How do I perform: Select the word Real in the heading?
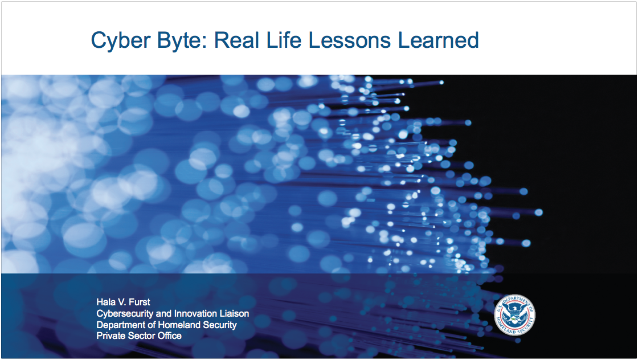click(x=236, y=40)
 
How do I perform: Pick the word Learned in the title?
click(x=439, y=40)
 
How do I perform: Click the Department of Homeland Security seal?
click(x=515, y=315)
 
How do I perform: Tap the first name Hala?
click(x=105, y=302)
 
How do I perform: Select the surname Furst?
click(x=140, y=302)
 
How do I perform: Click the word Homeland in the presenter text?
click(x=176, y=325)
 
